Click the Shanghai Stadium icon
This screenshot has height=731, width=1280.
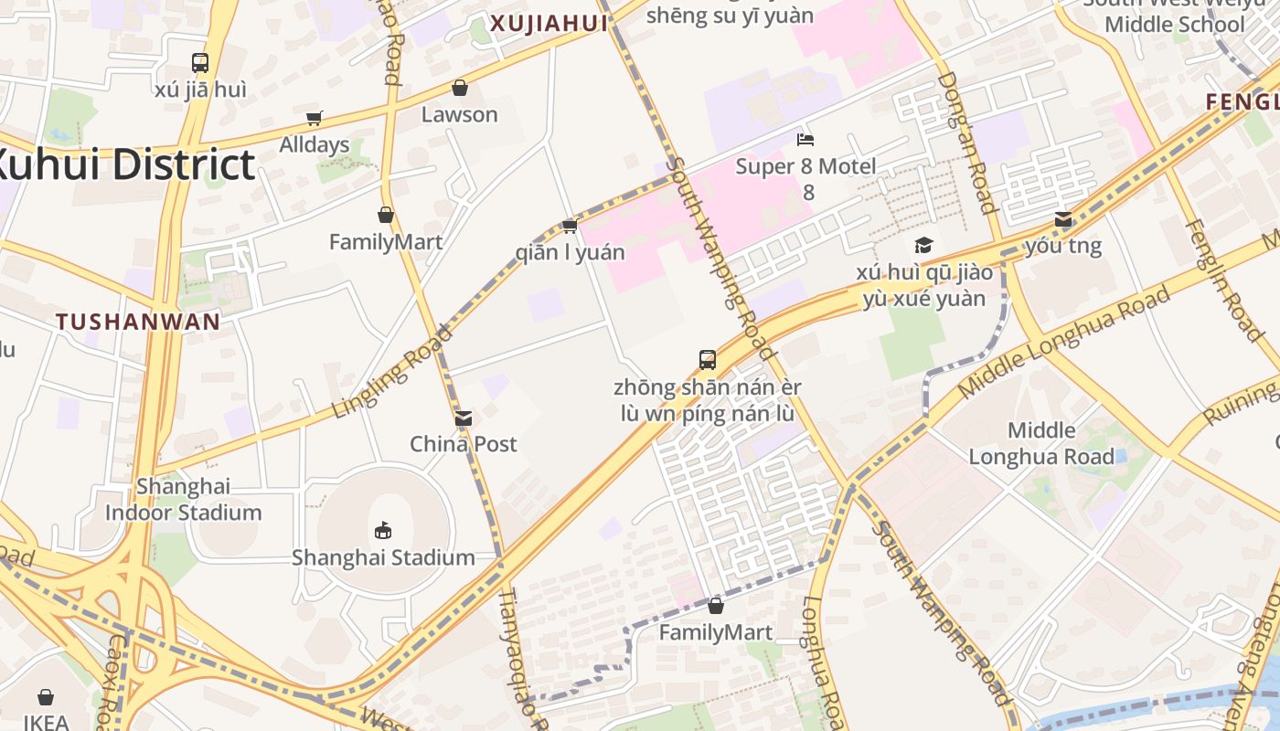pos(383,530)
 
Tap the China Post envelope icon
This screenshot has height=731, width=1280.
pos(464,418)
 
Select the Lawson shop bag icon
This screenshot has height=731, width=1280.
pos(459,88)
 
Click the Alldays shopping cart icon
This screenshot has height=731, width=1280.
pos(315,118)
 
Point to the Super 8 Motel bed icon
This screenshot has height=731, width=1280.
pos(805,140)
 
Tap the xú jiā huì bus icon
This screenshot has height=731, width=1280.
pos(200,63)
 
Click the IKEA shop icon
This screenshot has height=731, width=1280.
pos(46,698)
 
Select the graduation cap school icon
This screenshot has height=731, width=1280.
pos(923,246)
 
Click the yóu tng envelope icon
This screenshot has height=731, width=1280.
pos(1062,219)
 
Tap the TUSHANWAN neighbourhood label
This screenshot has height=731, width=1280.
pos(138,322)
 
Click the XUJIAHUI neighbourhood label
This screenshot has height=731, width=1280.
pos(549,24)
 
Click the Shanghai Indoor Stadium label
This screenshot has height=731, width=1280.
pos(183,499)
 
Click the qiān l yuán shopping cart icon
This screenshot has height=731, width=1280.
pos(570,226)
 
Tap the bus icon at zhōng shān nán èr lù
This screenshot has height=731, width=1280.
pos(707,360)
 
